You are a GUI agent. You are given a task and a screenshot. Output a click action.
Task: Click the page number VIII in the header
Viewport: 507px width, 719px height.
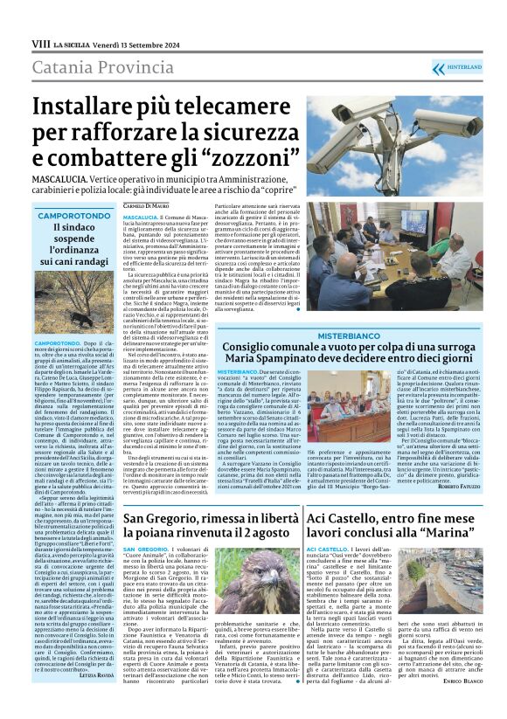[x=39, y=42]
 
